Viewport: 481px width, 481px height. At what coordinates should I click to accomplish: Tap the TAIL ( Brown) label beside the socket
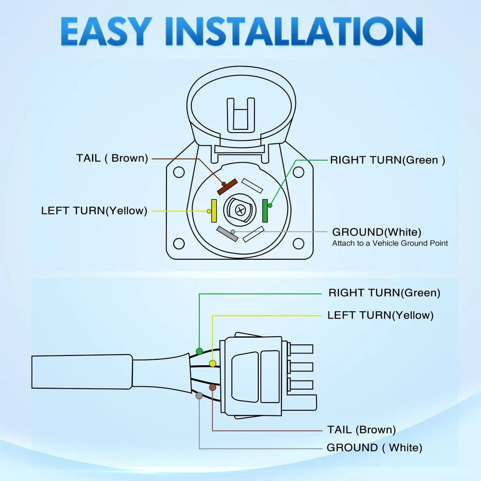point(112,159)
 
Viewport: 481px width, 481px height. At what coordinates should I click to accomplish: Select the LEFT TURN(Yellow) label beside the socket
point(94,211)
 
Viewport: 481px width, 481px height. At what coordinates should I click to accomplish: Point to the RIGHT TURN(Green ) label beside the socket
point(387,160)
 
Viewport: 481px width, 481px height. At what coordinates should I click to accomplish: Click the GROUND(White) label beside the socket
point(377,232)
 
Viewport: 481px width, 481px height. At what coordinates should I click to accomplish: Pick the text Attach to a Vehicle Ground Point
point(390,243)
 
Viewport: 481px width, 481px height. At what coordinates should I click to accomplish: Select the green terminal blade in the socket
point(265,211)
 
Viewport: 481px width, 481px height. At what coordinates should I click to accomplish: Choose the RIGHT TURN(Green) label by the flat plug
point(384,292)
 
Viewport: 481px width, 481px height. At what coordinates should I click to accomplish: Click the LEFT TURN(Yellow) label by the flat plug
point(380,316)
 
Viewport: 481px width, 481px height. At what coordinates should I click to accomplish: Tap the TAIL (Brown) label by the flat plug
point(361,430)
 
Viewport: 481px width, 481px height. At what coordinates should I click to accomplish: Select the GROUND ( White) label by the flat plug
point(374,448)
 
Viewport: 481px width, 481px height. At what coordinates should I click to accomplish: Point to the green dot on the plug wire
point(199,351)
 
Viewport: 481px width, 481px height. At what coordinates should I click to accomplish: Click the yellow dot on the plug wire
point(212,363)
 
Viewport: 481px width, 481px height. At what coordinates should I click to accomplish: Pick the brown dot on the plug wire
point(212,387)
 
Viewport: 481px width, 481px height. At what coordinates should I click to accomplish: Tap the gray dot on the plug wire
point(199,395)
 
